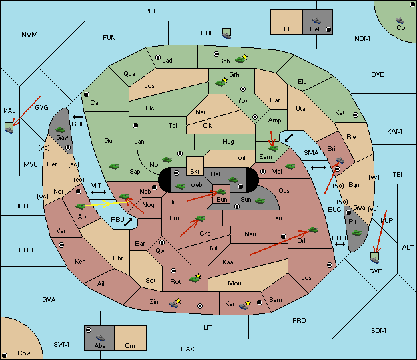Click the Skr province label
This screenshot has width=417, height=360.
(195, 172)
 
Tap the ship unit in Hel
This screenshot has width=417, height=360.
(316, 21)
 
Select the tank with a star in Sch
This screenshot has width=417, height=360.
(241, 59)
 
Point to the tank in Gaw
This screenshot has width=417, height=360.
(61, 130)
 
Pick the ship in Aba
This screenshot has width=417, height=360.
(100, 338)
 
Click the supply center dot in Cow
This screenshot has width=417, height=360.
(5, 355)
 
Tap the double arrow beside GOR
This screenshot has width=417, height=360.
(78, 117)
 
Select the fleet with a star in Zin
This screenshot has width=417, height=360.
(175, 303)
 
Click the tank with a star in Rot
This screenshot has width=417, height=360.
(195, 279)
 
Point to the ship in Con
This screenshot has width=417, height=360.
(400, 21)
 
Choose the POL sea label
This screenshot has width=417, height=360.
(151, 11)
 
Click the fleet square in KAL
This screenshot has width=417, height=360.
(9, 128)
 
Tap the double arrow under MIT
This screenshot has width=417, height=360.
(99, 192)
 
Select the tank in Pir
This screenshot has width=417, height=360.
(356, 234)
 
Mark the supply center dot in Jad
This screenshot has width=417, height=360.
(158, 57)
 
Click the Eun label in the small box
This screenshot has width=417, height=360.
(222, 200)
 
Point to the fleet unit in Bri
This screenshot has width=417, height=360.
(340, 160)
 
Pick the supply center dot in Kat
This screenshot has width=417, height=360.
(356, 115)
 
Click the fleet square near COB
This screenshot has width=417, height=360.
(227, 34)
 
